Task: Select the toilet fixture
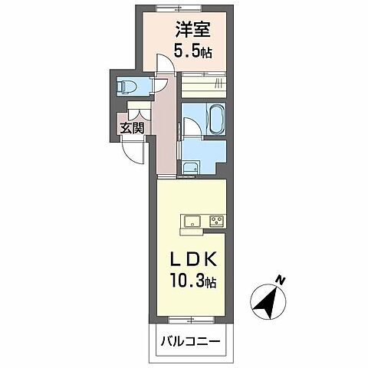tap(127, 87)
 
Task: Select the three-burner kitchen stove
tap(217, 222)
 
